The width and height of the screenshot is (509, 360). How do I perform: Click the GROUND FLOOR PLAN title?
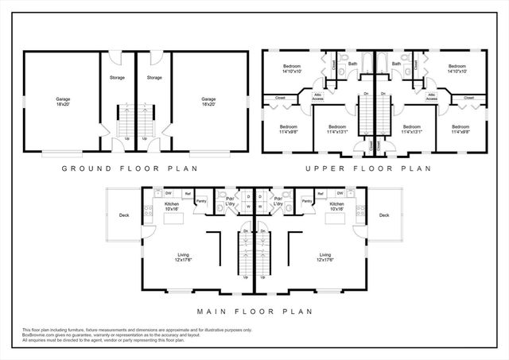pos(130,168)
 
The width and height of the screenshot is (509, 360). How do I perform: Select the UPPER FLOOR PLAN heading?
pos(370,168)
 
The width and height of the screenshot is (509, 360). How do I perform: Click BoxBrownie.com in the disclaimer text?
pos(39,335)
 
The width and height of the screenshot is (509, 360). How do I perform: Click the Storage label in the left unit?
pos(117,78)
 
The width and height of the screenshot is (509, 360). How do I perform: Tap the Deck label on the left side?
pos(124,215)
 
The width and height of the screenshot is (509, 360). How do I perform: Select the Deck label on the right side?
pos(384,215)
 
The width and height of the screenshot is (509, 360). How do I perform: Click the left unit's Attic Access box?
pos(319,97)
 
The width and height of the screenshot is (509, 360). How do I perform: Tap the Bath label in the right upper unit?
pos(395,63)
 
